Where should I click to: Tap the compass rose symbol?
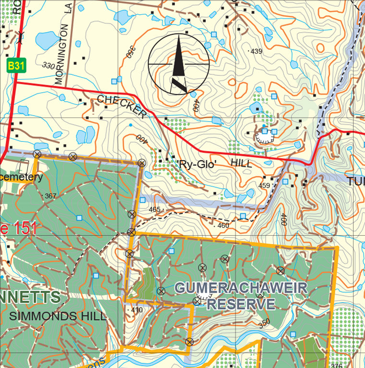(x=178, y=64)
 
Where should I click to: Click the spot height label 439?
(x=256, y=51)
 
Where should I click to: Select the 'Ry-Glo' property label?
(x=197, y=164)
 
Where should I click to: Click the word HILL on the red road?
(x=241, y=163)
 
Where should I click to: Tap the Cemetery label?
(x=22, y=177)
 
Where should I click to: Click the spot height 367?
(x=50, y=196)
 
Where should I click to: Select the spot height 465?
(x=154, y=209)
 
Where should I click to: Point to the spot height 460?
(x=223, y=225)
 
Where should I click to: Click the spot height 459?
(x=264, y=185)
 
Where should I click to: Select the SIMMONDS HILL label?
(x=57, y=316)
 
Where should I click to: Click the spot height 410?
(x=137, y=310)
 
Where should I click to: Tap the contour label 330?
(x=48, y=65)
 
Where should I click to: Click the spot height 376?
(x=337, y=366)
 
